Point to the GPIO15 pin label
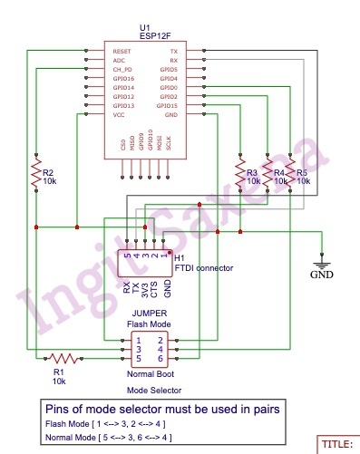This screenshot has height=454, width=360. tap(167, 106)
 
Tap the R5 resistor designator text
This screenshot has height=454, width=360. tap(302, 171)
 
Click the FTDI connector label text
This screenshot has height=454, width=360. tap(203, 268)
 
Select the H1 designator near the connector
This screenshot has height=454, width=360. tap(180, 257)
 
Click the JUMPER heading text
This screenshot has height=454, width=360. tap(147, 314)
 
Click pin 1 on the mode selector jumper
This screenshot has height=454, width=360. tap(137, 339)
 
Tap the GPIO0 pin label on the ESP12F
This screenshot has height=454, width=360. tap(168, 87)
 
